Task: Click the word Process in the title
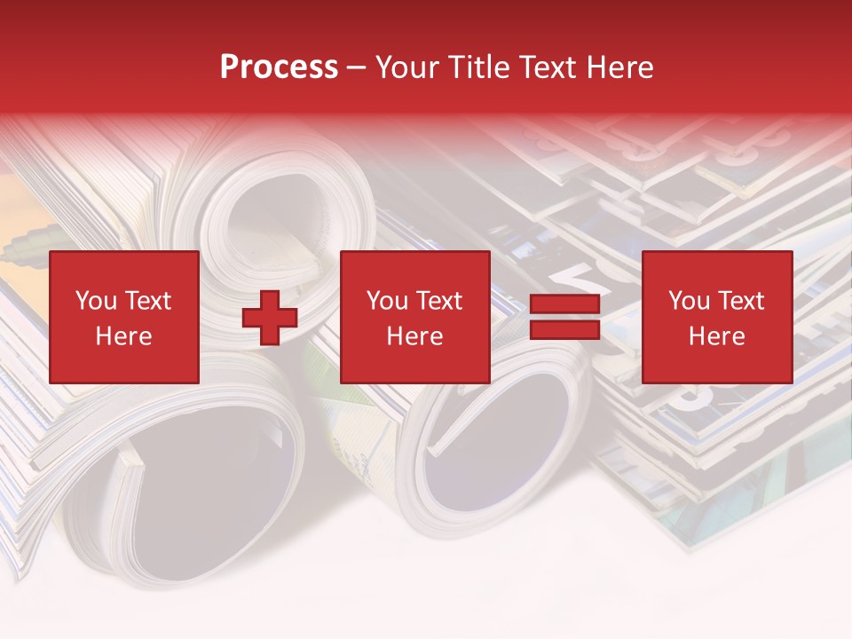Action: click(x=279, y=67)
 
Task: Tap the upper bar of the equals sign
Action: click(x=564, y=304)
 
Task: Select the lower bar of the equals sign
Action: click(x=564, y=330)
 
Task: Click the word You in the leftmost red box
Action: click(x=95, y=301)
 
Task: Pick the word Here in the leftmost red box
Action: click(x=123, y=336)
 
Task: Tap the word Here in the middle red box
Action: click(x=414, y=336)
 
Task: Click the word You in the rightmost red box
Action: click(x=688, y=301)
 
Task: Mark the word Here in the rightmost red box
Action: click(x=716, y=336)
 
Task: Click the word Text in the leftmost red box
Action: click(x=147, y=301)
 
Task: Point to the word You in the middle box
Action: click(x=386, y=301)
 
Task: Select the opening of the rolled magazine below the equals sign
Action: click(x=497, y=444)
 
